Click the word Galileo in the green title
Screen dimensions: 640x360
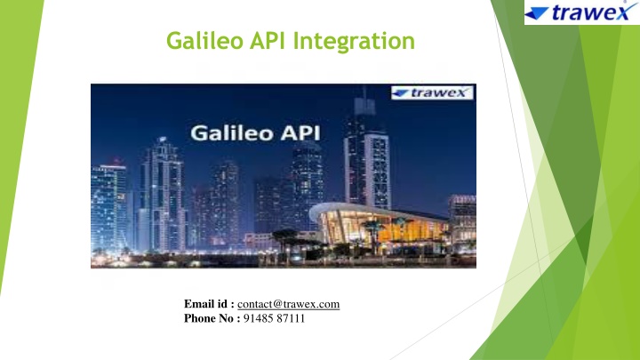click(x=204, y=41)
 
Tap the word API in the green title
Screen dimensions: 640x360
click(x=268, y=41)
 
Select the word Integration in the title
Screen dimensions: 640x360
click(x=354, y=42)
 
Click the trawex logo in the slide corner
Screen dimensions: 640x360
click(x=581, y=12)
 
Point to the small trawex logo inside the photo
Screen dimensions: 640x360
click(x=432, y=92)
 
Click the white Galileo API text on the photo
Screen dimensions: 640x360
click(x=255, y=133)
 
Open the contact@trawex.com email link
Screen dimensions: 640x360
click(x=288, y=304)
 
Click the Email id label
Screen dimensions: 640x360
click(x=209, y=304)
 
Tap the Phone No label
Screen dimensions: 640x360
click(x=212, y=318)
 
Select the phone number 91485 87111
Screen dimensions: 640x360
click(x=274, y=318)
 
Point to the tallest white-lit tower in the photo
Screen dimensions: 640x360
click(x=367, y=155)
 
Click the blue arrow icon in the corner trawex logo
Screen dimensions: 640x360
click(x=536, y=14)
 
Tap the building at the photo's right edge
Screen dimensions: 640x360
click(x=462, y=222)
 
